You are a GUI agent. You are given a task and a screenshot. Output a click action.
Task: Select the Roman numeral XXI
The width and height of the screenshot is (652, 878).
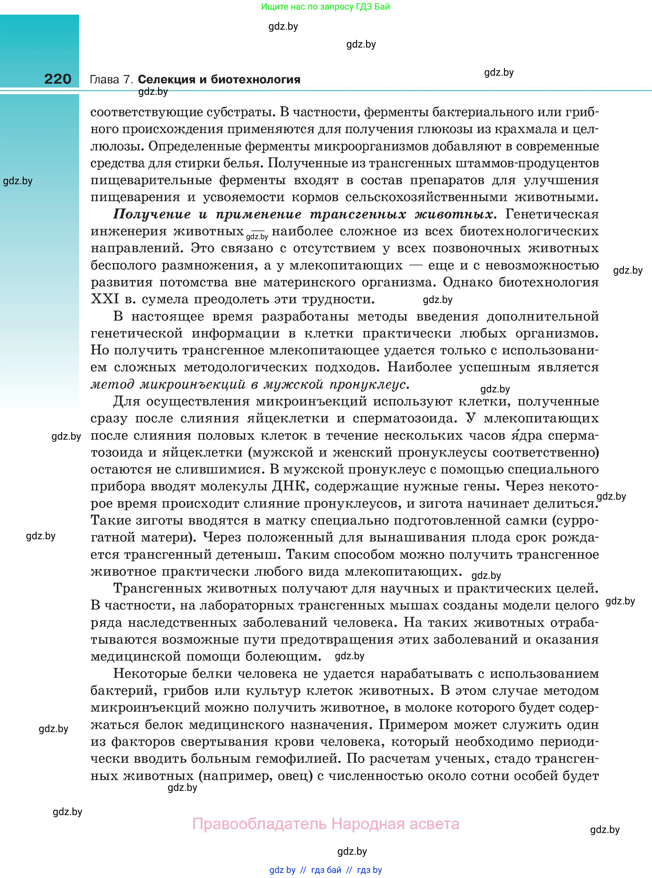[105, 299]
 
